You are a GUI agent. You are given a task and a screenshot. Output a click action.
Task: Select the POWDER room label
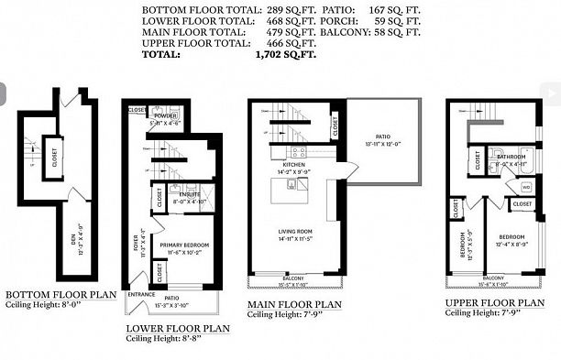[x=166, y=116]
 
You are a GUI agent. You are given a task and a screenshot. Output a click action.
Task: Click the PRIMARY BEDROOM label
[x=184, y=245]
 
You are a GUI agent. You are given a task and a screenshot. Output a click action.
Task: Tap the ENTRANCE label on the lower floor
[x=141, y=294]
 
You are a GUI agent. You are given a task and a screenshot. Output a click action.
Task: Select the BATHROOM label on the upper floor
[x=511, y=156]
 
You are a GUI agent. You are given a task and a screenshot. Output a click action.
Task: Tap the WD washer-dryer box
[x=525, y=187]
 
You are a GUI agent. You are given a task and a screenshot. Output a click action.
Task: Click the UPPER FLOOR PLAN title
[x=494, y=301]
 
